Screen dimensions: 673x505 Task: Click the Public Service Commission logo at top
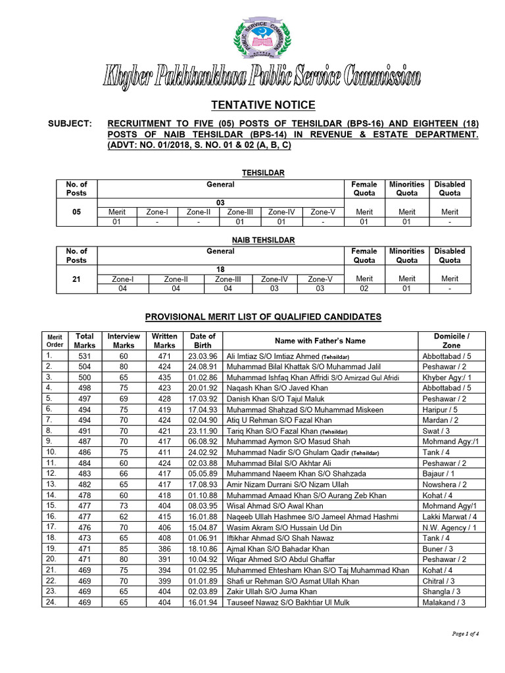point(262,39)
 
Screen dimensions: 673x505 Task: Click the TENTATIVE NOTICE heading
point(262,105)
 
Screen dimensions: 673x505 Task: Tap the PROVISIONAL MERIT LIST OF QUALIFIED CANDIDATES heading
point(263,317)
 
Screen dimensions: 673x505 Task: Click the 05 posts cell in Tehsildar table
point(77,212)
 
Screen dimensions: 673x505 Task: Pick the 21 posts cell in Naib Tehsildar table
point(77,279)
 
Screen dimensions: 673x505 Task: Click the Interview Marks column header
point(124,340)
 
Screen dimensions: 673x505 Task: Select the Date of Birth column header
point(203,340)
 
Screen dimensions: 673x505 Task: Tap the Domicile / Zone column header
point(451,340)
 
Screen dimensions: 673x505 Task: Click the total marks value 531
point(85,356)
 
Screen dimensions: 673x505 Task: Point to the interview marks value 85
point(124,548)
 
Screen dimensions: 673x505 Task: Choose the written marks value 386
point(164,548)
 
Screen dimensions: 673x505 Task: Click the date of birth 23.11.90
point(203,430)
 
